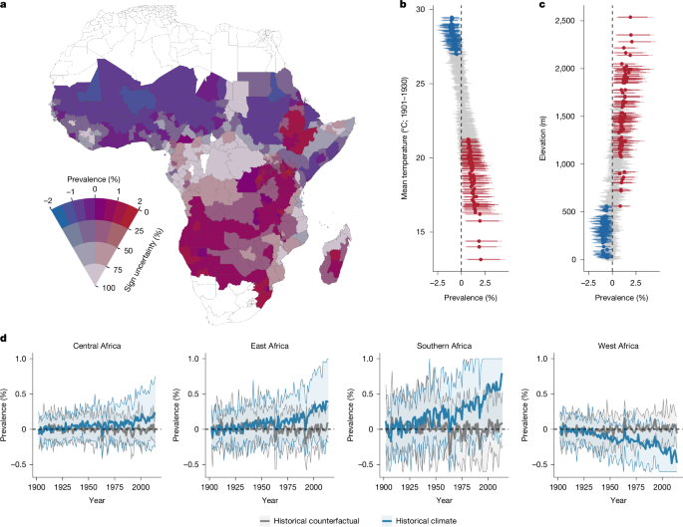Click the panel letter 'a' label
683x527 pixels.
[3, 5]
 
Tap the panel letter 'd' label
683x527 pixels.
[3, 338]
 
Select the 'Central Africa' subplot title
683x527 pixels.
[97, 346]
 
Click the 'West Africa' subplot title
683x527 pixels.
[618, 346]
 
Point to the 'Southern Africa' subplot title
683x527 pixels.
[444, 346]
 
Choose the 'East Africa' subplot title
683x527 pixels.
[269, 346]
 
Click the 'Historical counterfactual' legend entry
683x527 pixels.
[310, 520]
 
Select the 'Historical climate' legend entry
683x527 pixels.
[420, 520]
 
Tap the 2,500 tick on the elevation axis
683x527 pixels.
[565, 21]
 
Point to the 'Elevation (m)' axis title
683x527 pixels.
[542, 137]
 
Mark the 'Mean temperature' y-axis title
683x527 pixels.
[404, 138]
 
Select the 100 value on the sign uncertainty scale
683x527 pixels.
[109, 288]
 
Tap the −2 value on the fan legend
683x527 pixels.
[48, 200]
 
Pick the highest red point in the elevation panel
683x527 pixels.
[630, 17]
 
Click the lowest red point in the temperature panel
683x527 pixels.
[481, 259]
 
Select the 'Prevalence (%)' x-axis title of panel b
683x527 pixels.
[471, 298]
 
